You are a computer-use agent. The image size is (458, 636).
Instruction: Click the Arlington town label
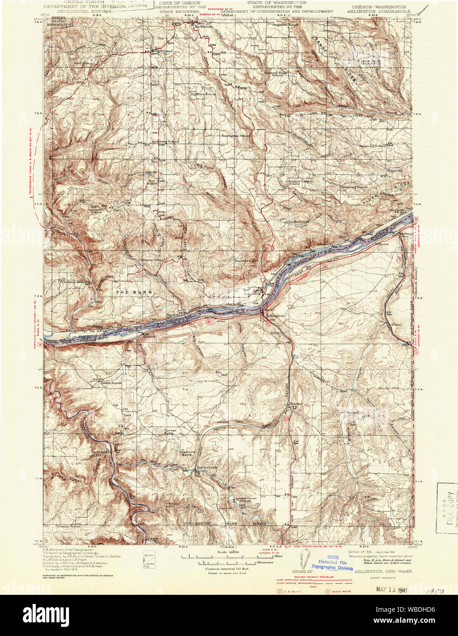[274, 316]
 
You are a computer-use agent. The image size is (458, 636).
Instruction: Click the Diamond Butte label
[187, 453]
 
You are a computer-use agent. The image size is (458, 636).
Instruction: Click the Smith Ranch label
[111, 382]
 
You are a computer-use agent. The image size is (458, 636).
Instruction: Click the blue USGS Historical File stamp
[336, 565]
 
